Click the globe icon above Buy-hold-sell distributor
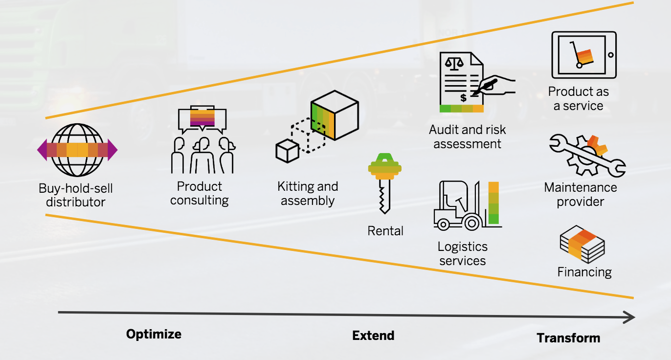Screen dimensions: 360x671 [77, 150]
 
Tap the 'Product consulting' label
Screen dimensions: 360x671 [200, 193]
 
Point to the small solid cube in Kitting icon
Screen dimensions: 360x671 [287, 151]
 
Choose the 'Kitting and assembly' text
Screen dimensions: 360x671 [308, 193]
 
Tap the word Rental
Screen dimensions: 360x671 [385, 230]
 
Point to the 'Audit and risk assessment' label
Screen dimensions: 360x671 [467, 137]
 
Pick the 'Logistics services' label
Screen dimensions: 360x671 [462, 253]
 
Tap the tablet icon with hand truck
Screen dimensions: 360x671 [583, 55]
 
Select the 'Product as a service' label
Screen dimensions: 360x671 [578, 98]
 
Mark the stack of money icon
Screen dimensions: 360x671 [582, 244]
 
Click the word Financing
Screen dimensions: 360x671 [584, 272]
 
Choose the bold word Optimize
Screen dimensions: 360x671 [154, 334]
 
